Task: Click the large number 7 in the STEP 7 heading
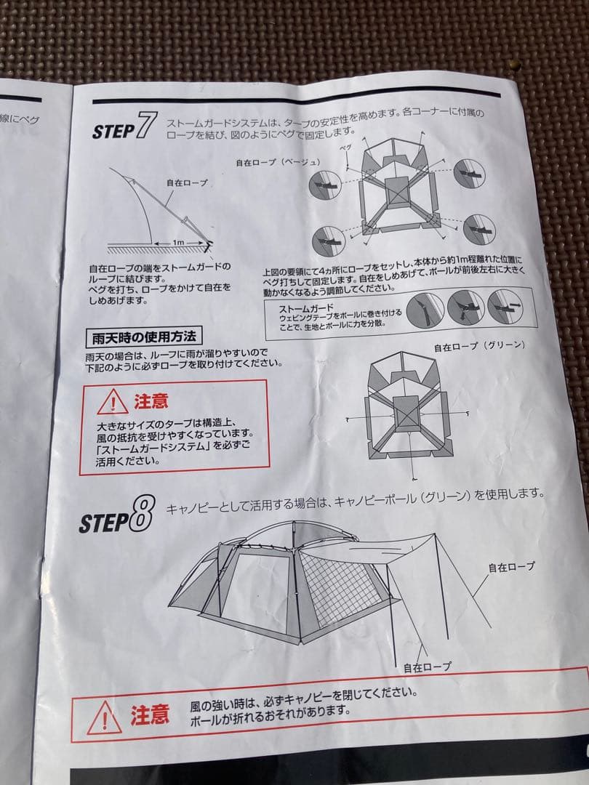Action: click(146, 125)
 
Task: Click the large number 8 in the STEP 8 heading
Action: click(142, 514)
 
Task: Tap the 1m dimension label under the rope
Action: click(178, 242)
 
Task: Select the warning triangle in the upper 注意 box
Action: click(112, 403)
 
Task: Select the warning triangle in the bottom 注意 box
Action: click(104, 719)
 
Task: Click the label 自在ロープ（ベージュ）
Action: click(278, 162)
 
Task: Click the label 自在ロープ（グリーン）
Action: click(480, 346)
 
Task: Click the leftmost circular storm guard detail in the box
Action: click(425, 311)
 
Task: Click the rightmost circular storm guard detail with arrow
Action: click(505, 307)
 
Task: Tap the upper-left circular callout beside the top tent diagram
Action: click(325, 185)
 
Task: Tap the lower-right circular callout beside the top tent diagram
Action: click(479, 230)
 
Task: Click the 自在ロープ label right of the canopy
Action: click(511, 567)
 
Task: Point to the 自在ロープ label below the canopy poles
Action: click(428, 667)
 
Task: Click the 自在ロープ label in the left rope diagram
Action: click(187, 183)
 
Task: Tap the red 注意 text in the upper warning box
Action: click(151, 401)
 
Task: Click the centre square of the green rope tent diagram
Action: click(406, 414)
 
